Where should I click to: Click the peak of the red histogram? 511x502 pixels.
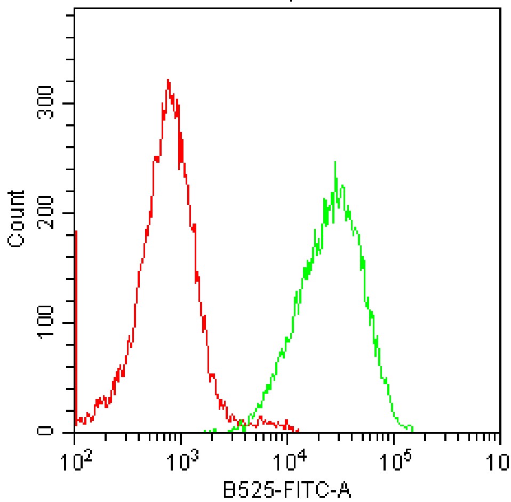pyautogui.click(x=168, y=80)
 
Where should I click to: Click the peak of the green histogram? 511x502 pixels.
pyautogui.click(x=334, y=162)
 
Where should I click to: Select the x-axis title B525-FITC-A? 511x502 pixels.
pyautogui.click(x=288, y=489)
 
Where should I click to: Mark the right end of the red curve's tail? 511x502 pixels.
pyautogui.click(x=298, y=430)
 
